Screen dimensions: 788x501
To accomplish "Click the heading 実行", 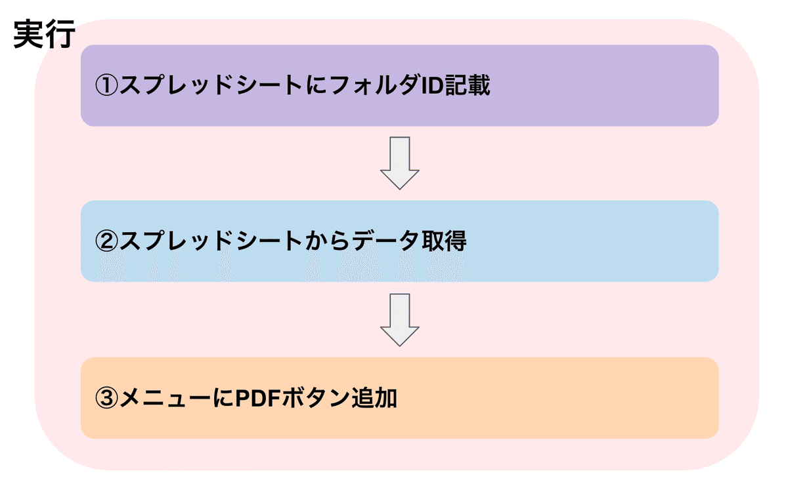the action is [x=45, y=34].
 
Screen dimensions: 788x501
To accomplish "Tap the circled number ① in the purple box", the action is [x=106, y=85].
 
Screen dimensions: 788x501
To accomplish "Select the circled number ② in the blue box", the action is [x=106, y=241].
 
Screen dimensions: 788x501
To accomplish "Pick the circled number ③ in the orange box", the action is [x=106, y=398].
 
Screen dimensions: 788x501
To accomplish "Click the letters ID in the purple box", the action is [x=432, y=85].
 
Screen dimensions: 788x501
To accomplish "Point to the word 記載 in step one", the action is [x=468, y=85].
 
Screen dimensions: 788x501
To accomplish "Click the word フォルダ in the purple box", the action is [x=376, y=85].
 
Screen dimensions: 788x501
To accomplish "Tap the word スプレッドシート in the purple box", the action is [x=211, y=85].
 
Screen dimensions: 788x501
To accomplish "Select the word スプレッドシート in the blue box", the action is [x=211, y=241].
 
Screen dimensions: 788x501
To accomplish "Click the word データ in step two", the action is [x=385, y=241].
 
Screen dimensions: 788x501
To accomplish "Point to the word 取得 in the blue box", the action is [x=444, y=241].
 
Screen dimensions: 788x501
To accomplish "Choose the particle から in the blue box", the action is [x=327, y=241].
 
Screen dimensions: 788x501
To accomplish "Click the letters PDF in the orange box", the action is [x=257, y=398].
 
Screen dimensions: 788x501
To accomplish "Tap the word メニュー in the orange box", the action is [x=165, y=398].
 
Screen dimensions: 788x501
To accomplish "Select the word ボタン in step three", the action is [x=316, y=398].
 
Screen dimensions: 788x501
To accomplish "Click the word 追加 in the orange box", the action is [x=374, y=398].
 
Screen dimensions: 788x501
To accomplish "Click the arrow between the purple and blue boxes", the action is [x=400, y=163].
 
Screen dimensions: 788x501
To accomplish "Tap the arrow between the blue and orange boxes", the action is [x=400, y=320].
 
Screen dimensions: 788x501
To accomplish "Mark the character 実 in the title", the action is [x=29, y=34].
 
